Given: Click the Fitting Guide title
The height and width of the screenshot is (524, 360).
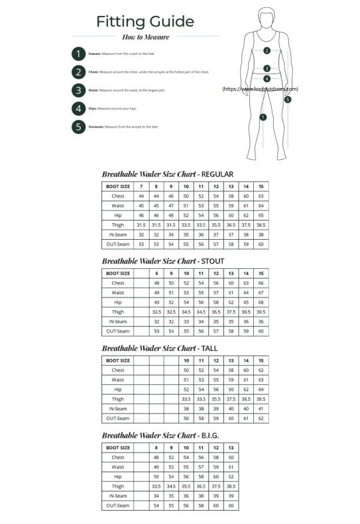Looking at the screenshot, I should click(x=145, y=21).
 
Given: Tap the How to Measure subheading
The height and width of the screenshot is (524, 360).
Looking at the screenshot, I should click(x=145, y=37).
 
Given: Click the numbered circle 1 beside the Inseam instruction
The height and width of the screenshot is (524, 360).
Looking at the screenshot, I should click(x=78, y=54).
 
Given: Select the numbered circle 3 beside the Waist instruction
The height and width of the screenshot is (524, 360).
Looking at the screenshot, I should click(x=78, y=90).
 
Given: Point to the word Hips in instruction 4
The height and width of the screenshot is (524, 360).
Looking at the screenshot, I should click(x=92, y=108).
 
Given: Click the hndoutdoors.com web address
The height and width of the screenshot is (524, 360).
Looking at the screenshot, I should click(x=260, y=89).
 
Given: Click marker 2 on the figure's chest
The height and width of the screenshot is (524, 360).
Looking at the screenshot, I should click(x=267, y=50).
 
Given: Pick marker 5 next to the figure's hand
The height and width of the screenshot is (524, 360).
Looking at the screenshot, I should click(x=288, y=100).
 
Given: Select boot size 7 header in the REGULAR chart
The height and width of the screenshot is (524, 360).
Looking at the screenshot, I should click(x=141, y=187).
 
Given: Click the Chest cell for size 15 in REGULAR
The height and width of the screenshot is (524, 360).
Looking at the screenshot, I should click(x=261, y=196).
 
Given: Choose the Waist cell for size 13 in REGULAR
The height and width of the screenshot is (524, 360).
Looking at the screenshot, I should click(x=231, y=206).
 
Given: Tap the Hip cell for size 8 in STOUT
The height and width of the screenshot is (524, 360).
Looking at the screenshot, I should click(x=156, y=302).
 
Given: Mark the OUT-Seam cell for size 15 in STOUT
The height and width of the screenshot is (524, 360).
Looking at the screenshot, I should click(x=261, y=331).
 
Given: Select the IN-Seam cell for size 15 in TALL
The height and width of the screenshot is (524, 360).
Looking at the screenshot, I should click(x=261, y=409).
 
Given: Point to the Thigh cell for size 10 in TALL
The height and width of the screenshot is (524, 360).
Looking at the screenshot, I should click(x=186, y=399).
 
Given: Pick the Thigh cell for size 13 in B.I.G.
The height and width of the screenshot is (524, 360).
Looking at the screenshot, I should click(x=231, y=486).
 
